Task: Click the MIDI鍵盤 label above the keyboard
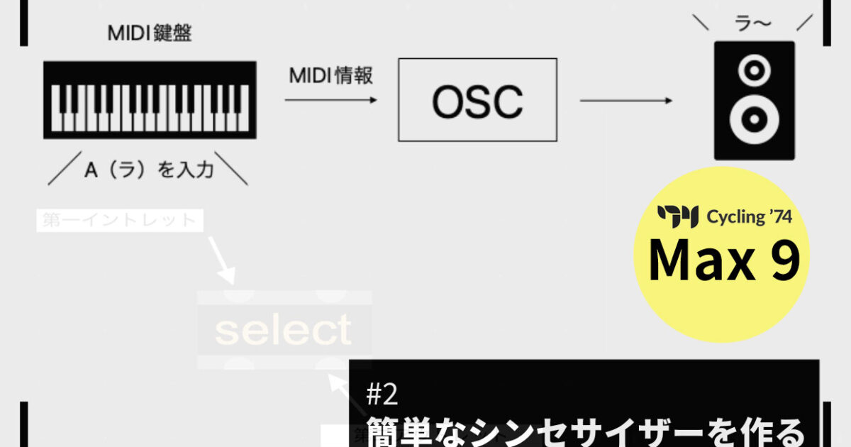pos(149,34)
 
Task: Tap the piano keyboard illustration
pos(150,99)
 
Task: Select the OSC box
pos(477,99)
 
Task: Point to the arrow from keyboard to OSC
pos(330,101)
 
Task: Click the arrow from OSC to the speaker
pos(625,101)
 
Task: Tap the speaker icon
pos(754,100)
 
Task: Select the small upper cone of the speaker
pos(754,70)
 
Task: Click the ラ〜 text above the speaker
pos(754,23)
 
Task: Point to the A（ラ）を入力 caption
pos(148,170)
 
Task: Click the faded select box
pos(284,330)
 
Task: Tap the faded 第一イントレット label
pos(118,221)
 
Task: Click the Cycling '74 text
pos(749,216)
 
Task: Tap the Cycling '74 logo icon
pos(678,216)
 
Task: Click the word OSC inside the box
pos(477,101)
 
